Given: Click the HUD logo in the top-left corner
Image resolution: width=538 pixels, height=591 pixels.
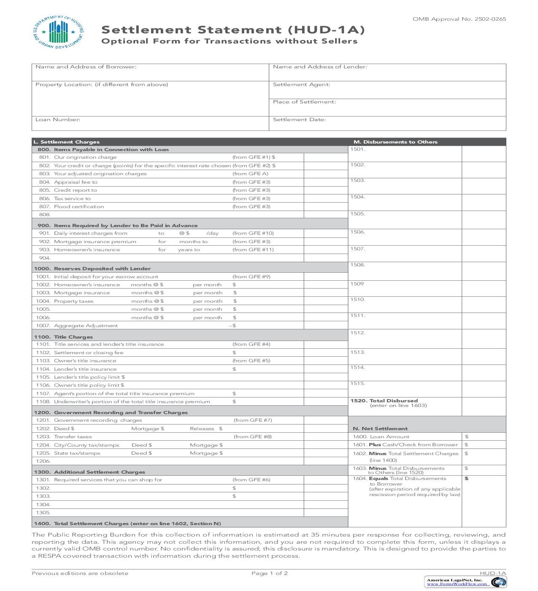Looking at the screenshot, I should point(57,33).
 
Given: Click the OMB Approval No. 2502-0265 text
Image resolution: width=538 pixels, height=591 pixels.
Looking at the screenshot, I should point(459,19).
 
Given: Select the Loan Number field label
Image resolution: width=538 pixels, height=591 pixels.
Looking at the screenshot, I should point(58,119).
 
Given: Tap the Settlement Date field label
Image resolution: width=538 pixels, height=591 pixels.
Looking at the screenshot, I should point(299,119).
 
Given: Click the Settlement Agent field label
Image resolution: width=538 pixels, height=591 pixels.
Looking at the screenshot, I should point(301,84).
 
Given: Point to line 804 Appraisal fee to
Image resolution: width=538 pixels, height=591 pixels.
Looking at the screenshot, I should point(76,182).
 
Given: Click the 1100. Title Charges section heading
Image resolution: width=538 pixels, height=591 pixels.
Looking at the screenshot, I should point(63,337).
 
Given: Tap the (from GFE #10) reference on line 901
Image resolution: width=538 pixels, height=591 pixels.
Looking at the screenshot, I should point(253,233).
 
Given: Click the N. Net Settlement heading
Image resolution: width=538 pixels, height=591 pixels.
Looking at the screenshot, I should point(380,428).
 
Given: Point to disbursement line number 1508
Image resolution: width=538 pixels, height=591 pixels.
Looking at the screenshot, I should point(357,265).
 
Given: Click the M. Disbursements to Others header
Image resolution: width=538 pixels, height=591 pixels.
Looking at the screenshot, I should point(395,142).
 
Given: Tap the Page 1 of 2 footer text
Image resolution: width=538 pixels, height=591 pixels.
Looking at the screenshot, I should point(269,573).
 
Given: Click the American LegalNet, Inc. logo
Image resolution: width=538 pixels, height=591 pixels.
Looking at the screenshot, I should point(466,582).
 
